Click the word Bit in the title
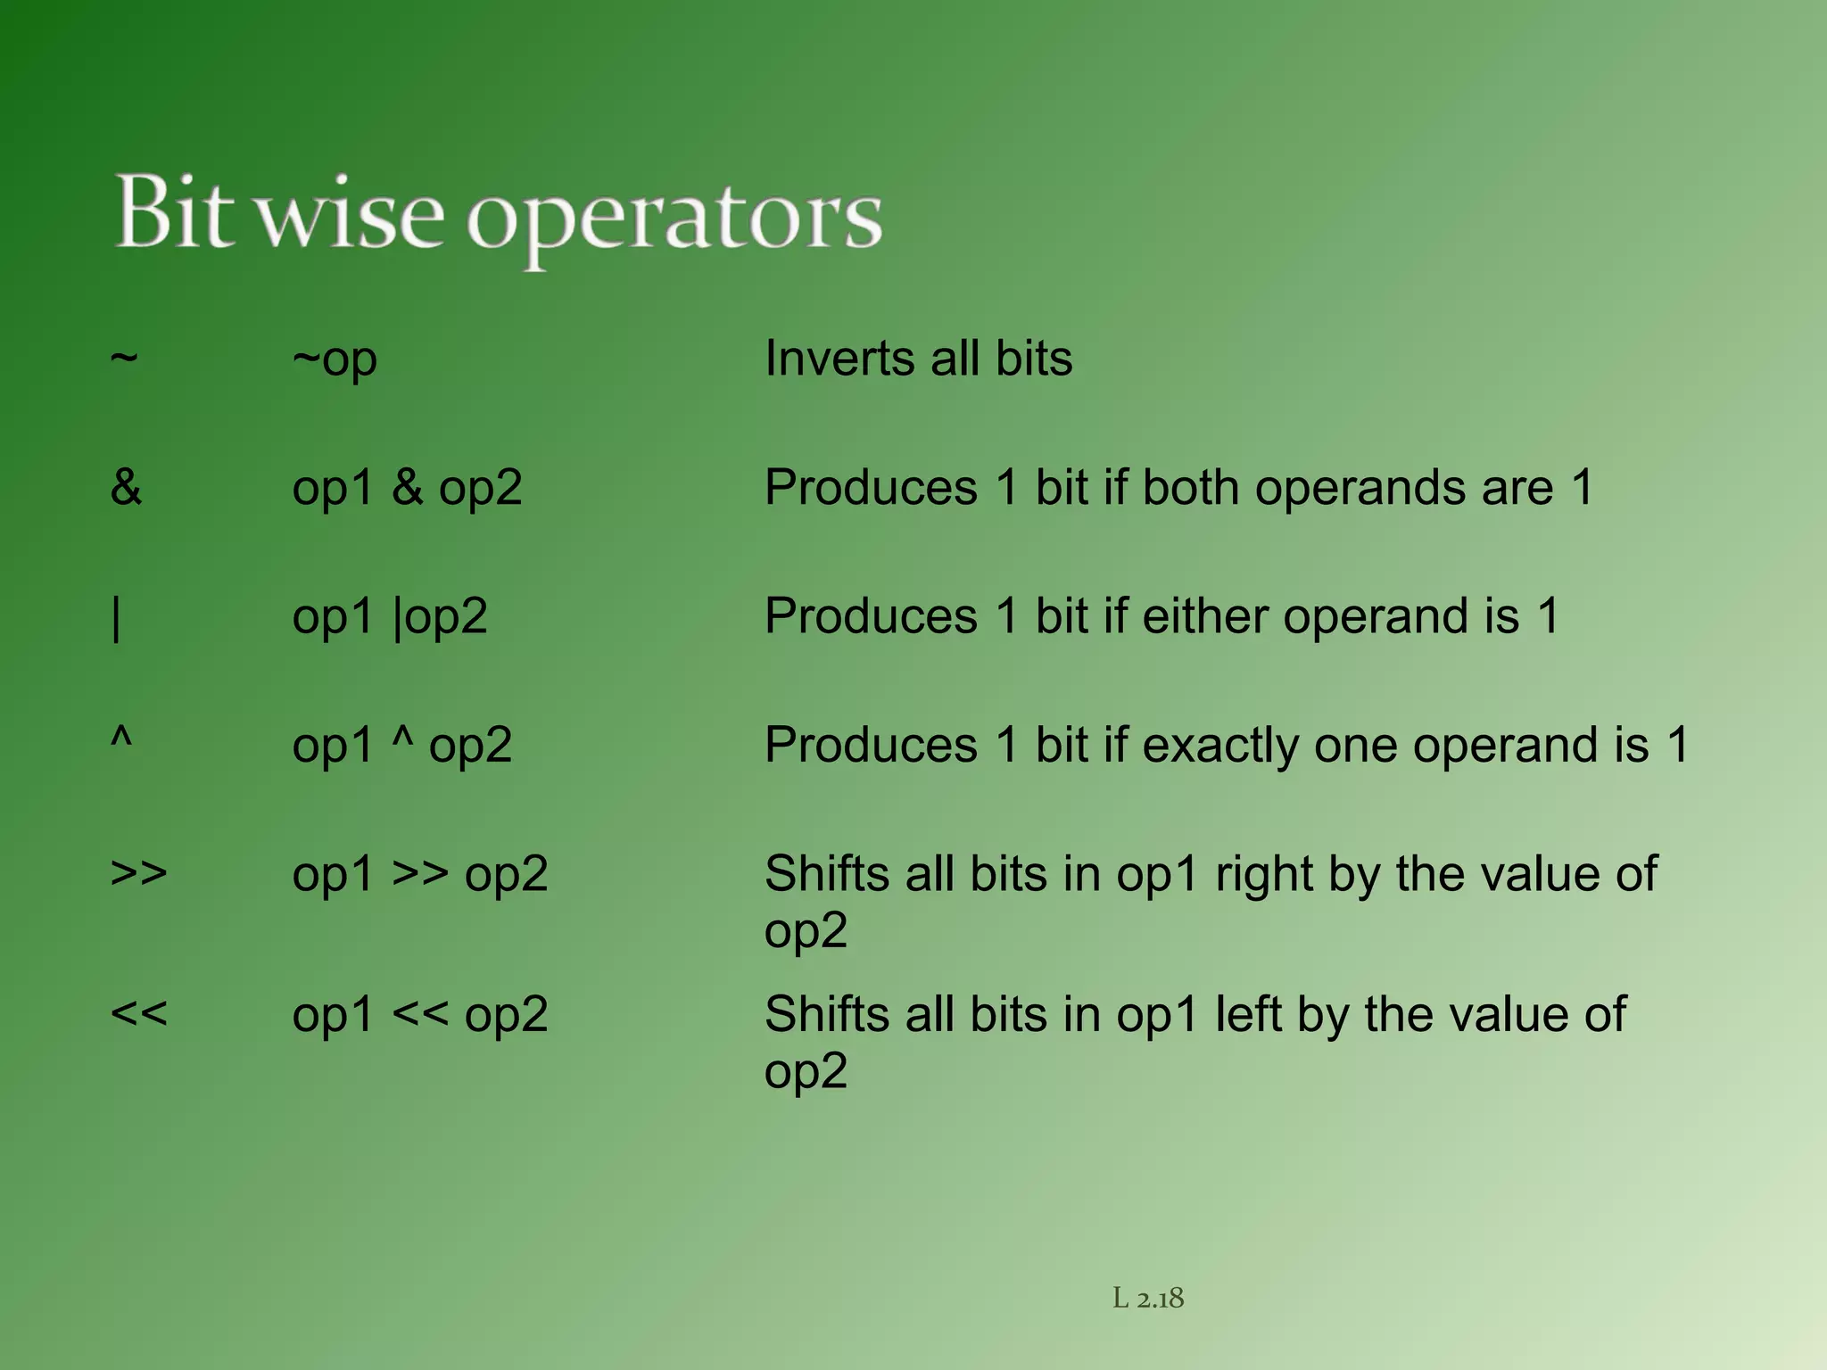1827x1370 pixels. (176, 212)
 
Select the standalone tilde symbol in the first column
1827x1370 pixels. (124, 358)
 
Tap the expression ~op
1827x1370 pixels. (335, 360)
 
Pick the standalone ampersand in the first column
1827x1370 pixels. (126, 488)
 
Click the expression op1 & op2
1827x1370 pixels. (407, 489)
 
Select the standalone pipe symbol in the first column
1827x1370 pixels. (117, 618)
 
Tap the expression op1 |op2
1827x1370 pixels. (390, 617)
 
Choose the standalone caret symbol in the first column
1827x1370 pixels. (121, 739)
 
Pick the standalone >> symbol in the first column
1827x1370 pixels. (138, 873)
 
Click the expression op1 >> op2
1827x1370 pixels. (419, 875)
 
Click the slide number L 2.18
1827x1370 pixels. (1148, 1299)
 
